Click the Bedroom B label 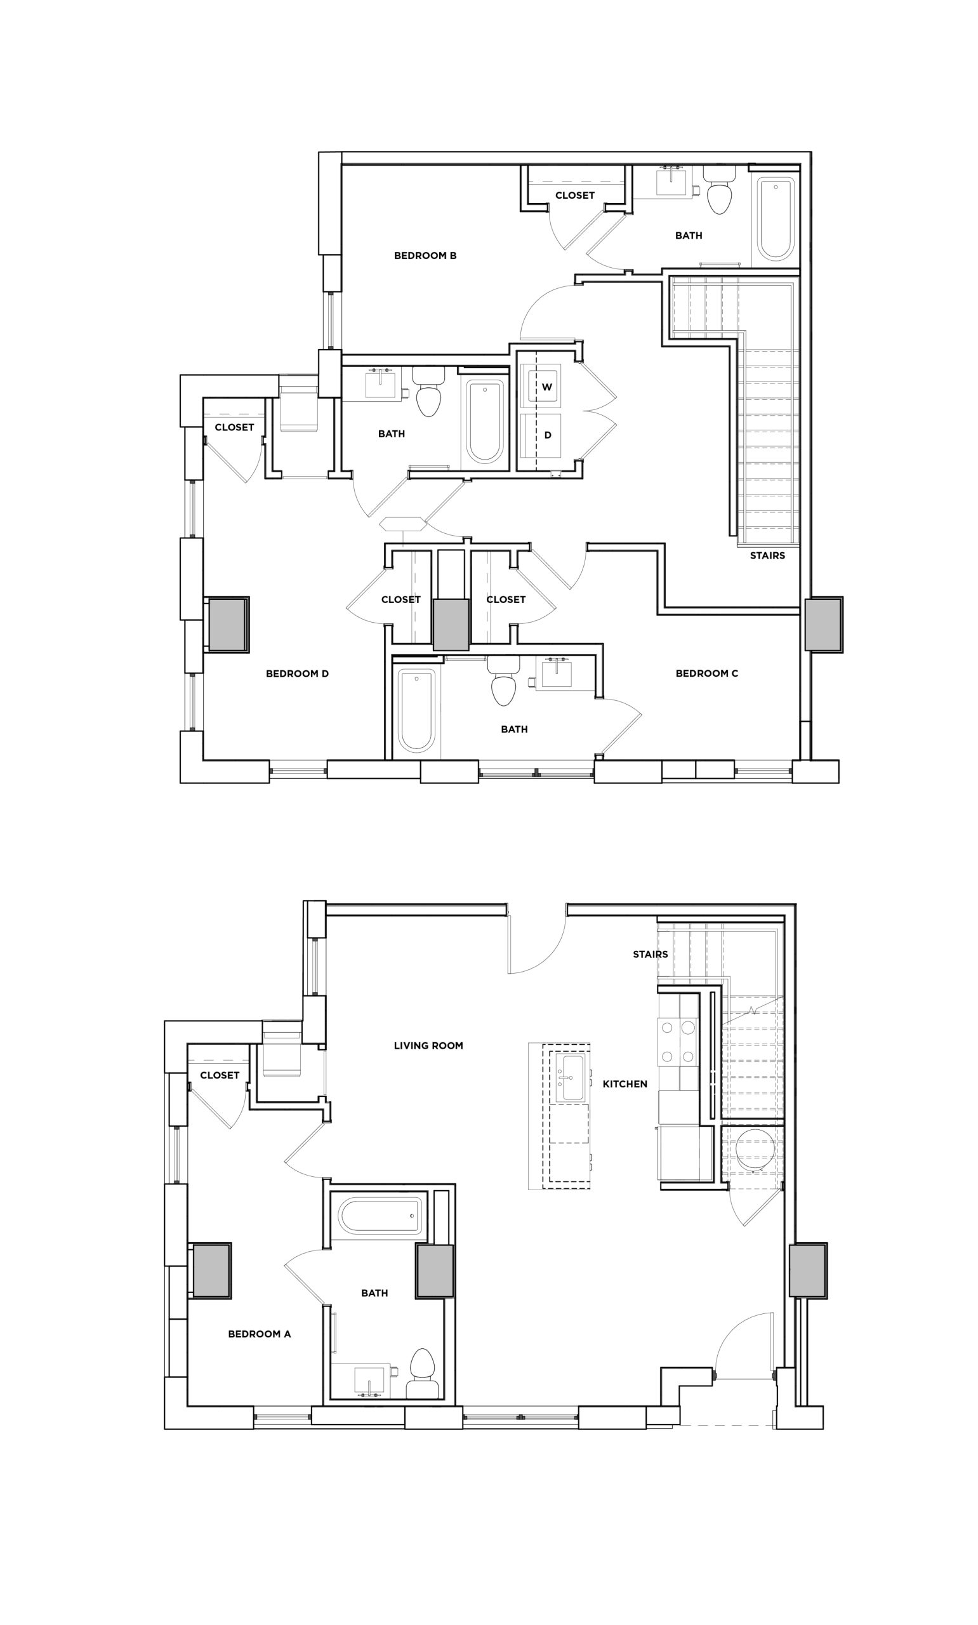click(425, 256)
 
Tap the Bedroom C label click(706, 673)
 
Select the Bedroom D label click(297, 673)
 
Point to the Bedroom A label click(259, 1334)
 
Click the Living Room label click(428, 1045)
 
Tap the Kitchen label click(624, 1084)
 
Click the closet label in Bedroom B click(574, 195)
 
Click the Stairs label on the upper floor click(767, 555)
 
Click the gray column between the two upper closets click(451, 624)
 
